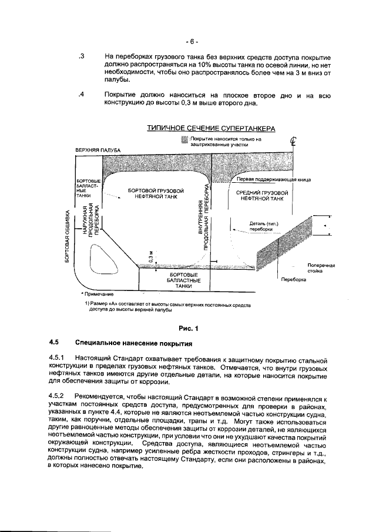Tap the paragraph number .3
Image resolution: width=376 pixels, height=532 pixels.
pyautogui.click(x=82, y=58)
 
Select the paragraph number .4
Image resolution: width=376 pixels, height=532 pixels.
pyautogui.click(x=82, y=95)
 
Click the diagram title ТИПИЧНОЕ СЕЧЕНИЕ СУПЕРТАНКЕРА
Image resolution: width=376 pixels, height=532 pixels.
pyautogui.click(x=211, y=129)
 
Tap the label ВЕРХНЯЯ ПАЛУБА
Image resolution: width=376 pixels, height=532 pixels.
pyautogui.click(x=98, y=151)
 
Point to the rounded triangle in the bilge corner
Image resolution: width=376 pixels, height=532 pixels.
pyautogui.click(x=102, y=259)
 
